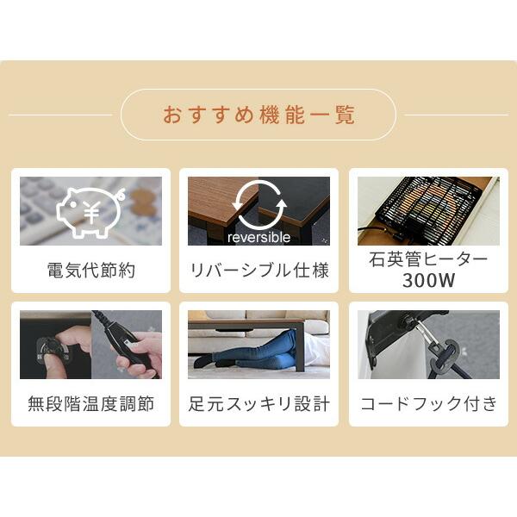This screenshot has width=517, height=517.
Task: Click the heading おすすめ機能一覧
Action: (x=258, y=115)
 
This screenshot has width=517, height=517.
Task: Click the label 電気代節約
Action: (x=90, y=271)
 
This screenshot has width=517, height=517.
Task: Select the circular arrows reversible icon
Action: (x=258, y=204)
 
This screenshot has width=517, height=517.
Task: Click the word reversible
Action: (x=258, y=237)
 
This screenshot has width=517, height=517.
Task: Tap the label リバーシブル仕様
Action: (x=258, y=271)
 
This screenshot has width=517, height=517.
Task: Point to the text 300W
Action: (x=428, y=281)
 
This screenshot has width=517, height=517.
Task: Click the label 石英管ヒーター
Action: (x=428, y=260)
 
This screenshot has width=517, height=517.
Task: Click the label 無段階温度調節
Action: (x=90, y=403)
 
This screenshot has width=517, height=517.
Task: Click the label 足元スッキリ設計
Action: (x=258, y=403)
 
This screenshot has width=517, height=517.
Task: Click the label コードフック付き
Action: (x=428, y=403)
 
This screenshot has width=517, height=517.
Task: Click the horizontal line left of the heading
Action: (x=60, y=115)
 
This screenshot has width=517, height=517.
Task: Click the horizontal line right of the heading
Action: (x=456, y=115)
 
